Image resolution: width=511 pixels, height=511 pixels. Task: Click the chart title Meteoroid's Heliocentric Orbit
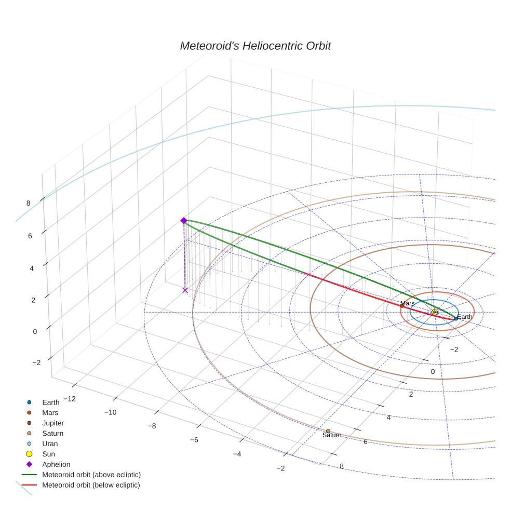point(255,46)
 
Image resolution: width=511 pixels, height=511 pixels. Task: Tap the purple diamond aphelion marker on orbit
point(183,221)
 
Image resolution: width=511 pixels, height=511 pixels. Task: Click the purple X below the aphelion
point(185,290)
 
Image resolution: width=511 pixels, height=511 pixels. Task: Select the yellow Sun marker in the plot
point(435,312)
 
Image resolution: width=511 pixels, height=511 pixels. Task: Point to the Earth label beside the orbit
point(465,317)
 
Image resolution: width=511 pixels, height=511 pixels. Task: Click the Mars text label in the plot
point(407,303)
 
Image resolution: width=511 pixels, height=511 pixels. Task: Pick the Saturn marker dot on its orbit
point(328,431)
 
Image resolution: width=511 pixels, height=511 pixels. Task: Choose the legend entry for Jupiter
point(52,423)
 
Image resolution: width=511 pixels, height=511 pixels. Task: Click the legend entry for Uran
point(50,443)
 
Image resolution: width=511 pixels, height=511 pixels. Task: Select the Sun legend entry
point(49,454)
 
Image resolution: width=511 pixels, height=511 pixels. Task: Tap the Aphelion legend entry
point(56,464)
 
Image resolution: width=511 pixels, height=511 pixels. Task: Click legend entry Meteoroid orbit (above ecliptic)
point(91,475)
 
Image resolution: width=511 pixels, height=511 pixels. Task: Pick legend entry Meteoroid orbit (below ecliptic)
point(91,485)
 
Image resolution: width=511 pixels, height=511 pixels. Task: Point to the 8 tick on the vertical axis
point(29,203)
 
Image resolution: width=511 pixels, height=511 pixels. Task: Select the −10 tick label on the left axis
point(110,412)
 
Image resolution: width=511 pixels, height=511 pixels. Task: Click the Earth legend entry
point(51,402)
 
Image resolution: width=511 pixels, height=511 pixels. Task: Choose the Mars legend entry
point(50,412)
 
